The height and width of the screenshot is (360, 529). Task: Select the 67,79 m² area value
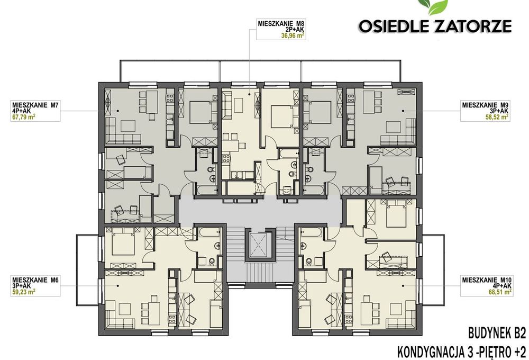click(24, 118)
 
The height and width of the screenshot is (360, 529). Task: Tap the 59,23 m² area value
click(24, 292)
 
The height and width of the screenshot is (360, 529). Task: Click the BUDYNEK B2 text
click(497, 334)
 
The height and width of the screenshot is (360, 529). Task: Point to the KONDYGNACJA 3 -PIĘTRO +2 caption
click(462, 352)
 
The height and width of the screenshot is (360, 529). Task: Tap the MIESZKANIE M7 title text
click(35, 105)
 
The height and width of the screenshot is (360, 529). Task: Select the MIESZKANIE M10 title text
click(487, 280)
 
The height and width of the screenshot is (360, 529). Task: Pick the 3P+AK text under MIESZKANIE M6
click(21, 286)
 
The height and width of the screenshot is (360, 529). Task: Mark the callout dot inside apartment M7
click(118, 111)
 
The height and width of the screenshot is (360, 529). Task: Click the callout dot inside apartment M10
click(403, 285)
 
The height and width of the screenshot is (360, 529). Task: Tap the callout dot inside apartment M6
click(118, 285)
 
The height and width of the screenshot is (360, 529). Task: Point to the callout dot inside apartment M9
click(403, 111)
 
